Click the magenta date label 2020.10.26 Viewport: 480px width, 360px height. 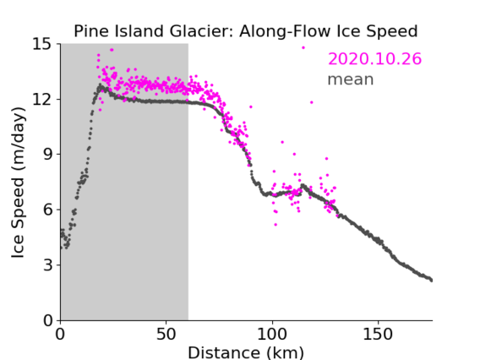[x=374, y=59]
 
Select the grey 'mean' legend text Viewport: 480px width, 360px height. [x=351, y=79]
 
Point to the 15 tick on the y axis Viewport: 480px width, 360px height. [x=42, y=44]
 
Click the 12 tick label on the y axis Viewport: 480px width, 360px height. [x=42, y=99]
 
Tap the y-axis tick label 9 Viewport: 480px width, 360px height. [x=47, y=155]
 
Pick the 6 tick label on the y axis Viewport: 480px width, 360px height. [x=47, y=210]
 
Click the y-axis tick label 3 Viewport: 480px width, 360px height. [x=47, y=265]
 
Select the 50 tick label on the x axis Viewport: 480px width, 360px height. [x=166, y=335]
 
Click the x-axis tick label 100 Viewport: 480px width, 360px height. [x=272, y=335]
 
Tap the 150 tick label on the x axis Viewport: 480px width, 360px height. [x=378, y=335]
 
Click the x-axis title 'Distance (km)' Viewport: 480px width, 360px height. [x=246, y=352]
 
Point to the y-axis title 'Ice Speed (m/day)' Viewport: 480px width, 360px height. [x=18, y=183]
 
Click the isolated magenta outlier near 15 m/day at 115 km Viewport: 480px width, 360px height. [x=303, y=48]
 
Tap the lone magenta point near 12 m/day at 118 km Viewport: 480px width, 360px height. [x=312, y=102]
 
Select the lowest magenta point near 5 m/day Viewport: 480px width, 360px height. [x=275, y=225]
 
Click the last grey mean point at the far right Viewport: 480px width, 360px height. [x=431, y=281]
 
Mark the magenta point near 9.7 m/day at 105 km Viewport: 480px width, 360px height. [x=282, y=142]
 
